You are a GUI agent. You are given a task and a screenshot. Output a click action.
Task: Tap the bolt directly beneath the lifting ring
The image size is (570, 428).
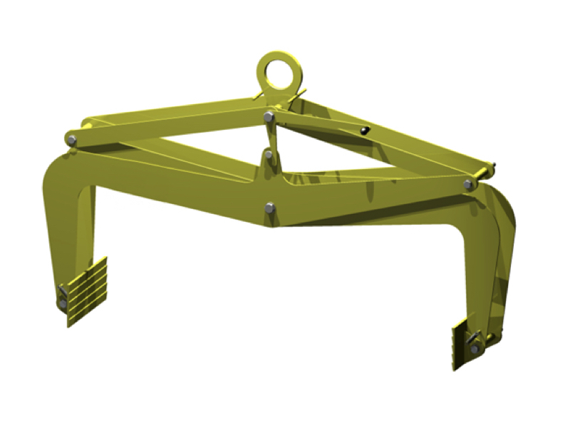tap(267, 117)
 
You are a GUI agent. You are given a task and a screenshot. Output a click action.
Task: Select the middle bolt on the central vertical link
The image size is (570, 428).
tap(268, 154)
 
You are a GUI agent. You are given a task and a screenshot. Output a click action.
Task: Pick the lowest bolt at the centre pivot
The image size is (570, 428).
tap(269, 208)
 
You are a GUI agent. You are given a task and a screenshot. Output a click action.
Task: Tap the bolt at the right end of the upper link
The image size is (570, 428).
tap(468, 184)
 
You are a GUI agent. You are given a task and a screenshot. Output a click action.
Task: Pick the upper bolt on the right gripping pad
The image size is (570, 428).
tap(475, 337)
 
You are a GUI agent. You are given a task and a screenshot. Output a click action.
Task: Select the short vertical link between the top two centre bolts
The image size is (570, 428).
tap(268, 136)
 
